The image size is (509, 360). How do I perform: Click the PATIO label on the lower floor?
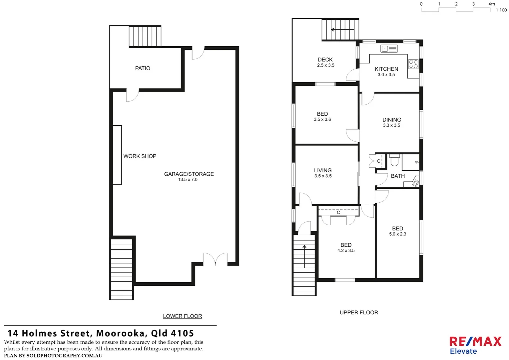click(143, 68)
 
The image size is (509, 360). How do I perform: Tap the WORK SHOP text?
click(140, 156)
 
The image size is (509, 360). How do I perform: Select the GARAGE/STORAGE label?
click(189, 174)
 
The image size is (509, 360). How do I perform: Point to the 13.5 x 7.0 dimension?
click(188, 180)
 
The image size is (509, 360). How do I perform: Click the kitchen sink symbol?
click(389, 49)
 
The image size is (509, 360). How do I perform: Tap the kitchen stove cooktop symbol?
click(413, 64)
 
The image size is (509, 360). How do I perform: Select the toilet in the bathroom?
click(394, 161)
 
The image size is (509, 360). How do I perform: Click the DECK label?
click(325, 60)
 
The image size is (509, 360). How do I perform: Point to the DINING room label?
click(392, 120)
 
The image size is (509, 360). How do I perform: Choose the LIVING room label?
click(322, 170)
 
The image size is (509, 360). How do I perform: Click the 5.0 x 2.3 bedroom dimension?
click(397, 234)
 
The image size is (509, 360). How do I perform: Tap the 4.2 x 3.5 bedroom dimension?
click(346, 251)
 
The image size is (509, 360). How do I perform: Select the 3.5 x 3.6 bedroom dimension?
click(322, 119)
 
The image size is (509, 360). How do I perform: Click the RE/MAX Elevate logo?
click(475, 345)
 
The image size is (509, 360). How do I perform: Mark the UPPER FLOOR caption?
click(359, 313)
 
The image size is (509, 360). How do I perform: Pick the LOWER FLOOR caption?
click(182, 316)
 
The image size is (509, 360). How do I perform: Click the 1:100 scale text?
click(501, 10)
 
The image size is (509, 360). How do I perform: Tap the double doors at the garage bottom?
click(215, 259)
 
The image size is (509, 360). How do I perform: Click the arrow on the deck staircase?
click(342, 30)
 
